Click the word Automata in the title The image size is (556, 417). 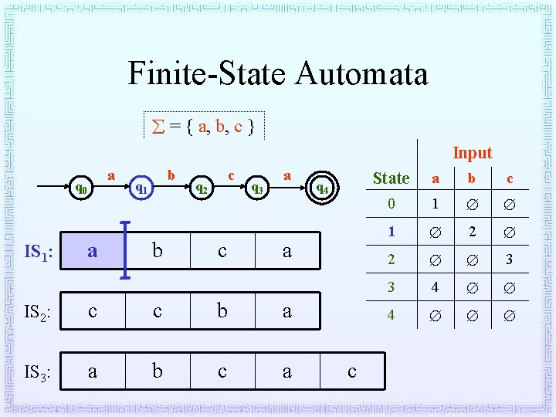[361, 74]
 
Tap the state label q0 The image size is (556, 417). [80, 187]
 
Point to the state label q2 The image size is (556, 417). [201, 187]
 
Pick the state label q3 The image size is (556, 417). [258, 187]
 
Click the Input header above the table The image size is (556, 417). [472, 153]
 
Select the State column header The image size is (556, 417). [391, 178]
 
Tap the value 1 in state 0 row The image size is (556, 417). [435, 205]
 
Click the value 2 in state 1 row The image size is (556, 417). [472, 232]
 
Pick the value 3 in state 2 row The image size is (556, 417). [509, 259]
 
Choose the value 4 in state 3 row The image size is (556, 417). [435, 287]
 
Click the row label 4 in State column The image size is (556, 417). [391, 315]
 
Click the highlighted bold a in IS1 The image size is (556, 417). [93, 251]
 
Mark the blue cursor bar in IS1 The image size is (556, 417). [125, 250]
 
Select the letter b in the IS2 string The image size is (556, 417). [222, 311]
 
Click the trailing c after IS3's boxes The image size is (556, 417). [352, 371]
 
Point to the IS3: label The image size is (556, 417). [37, 374]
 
